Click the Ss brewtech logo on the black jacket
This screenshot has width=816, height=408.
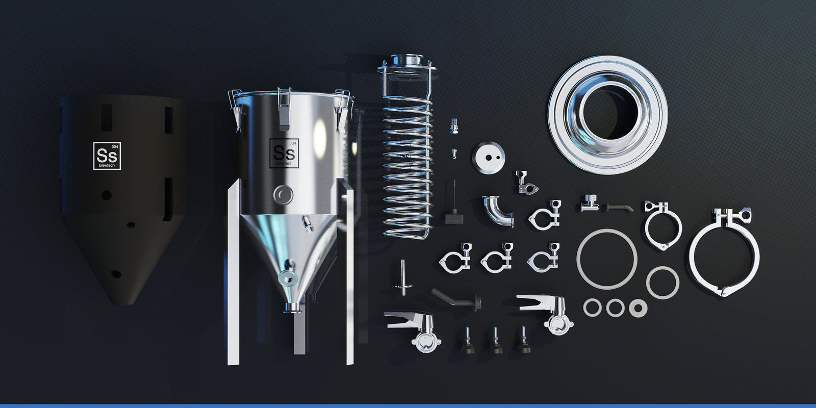[x=107, y=156]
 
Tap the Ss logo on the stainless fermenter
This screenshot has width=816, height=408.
[x=284, y=154]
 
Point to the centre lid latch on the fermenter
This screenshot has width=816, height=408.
[x=284, y=109]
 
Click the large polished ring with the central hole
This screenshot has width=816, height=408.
[x=608, y=115]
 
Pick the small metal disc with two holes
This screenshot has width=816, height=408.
[x=489, y=157]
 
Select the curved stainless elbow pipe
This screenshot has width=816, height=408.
[x=498, y=211]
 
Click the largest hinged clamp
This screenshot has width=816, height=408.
[x=724, y=251]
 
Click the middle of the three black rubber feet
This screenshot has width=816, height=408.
[x=495, y=341]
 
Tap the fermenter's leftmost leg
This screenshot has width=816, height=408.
[x=234, y=273]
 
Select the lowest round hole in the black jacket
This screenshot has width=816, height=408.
[x=116, y=274]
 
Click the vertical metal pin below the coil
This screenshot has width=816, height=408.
[x=403, y=277]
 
